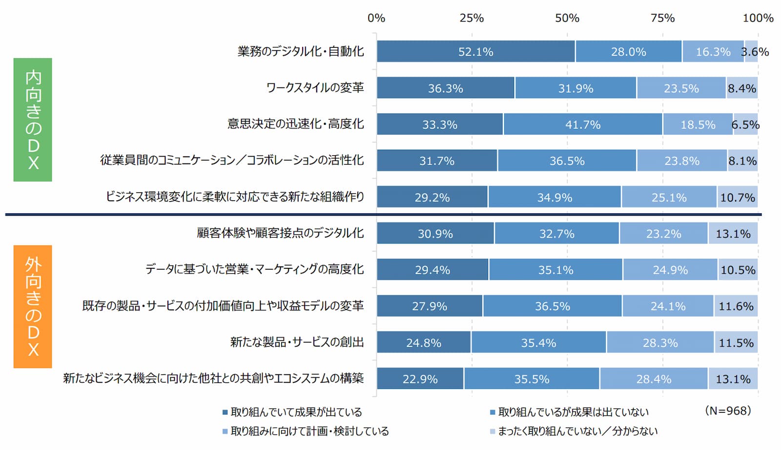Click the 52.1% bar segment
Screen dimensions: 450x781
(475, 52)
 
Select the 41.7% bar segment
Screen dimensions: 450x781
(583, 124)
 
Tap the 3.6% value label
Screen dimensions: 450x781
(755, 52)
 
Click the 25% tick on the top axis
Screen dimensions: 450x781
(472, 18)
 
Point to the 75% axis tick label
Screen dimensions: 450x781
(662, 18)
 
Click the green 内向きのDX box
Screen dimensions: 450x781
(33, 120)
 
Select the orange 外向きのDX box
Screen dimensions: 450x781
(33, 307)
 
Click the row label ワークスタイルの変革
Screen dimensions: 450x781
(315, 88)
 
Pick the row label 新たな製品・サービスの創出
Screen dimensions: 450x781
(297, 342)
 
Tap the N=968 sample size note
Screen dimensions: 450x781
(728, 411)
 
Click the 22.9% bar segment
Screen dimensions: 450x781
(420, 379)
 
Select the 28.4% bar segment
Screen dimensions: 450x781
(654, 379)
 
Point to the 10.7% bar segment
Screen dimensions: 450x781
(737, 197)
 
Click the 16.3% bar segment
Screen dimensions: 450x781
(713, 52)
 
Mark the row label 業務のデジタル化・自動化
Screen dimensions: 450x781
(301, 51)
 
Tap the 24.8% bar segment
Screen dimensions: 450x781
(423, 343)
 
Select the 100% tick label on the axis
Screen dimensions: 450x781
(758, 18)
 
